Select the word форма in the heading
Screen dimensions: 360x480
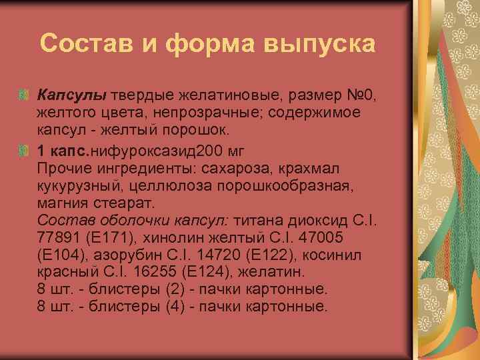pyautogui.click(x=203, y=44)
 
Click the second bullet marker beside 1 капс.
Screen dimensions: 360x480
pyautogui.click(x=24, y=151)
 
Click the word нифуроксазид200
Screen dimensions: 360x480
pyautogui.click(x=149, y=150)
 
